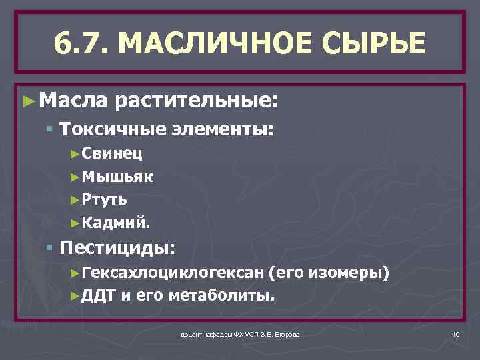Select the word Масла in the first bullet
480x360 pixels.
point(72,101)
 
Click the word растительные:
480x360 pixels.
point(195,101)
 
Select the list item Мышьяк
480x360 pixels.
point(117,177)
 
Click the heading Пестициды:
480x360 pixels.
point(117,249)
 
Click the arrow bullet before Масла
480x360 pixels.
point(28,101)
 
